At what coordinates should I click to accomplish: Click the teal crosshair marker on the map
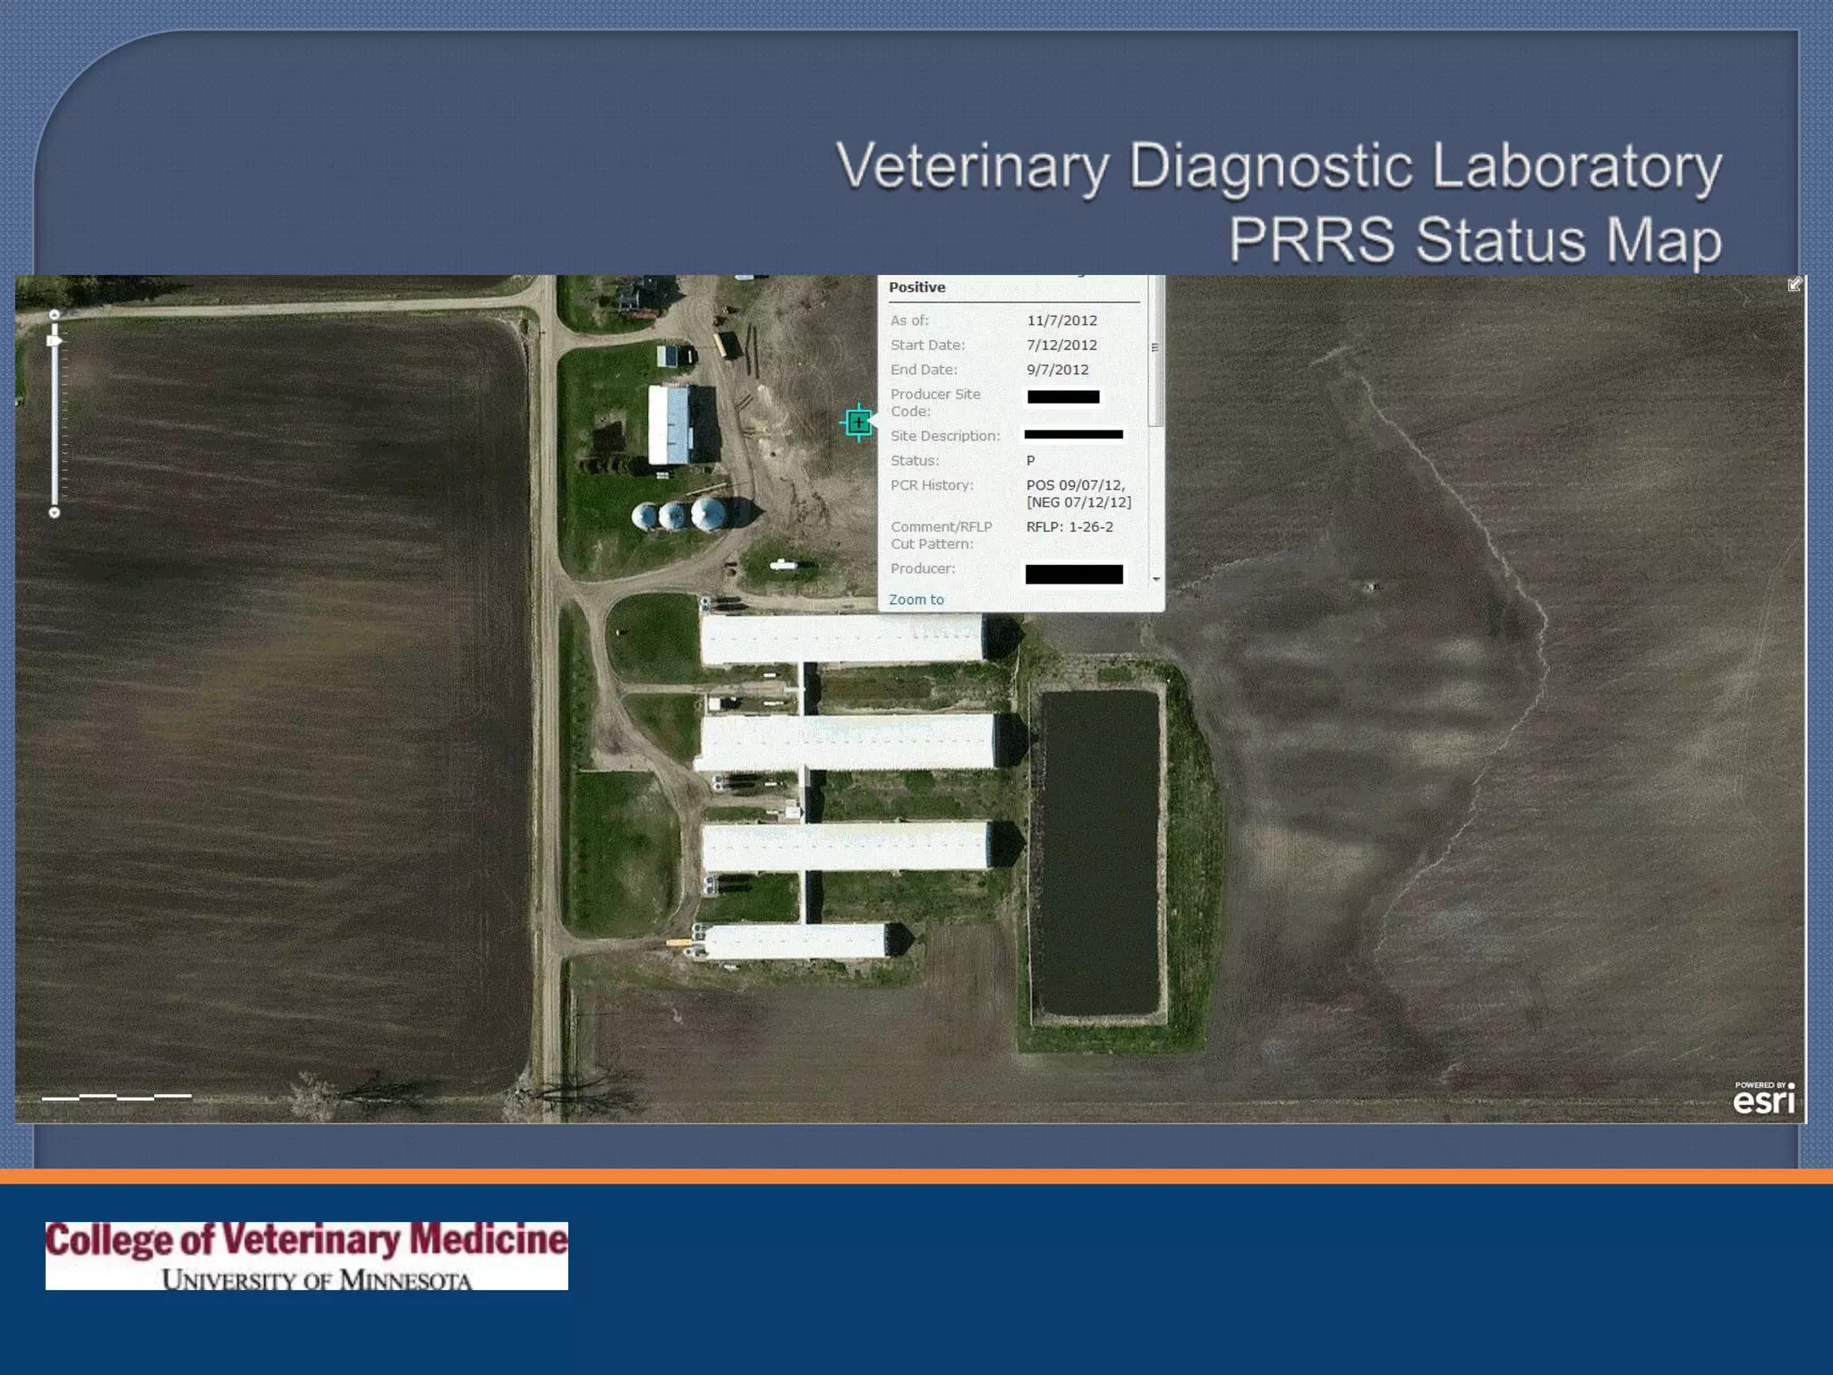pos(858,423)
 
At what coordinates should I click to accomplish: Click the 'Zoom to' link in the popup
pos(916,600)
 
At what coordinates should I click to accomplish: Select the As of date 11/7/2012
pos(1061,320)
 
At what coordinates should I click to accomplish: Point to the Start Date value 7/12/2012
pos(1061,346)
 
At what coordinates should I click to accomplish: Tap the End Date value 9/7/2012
pos(1057,370)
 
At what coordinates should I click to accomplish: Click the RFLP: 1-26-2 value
pos(1070,527)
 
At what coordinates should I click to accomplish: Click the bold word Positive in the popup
pos(916,287)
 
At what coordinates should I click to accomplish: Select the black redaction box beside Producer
pos(1073,574)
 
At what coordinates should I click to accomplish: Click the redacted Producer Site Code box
pos(1063,397)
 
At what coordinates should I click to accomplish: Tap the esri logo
pos(1763,1098)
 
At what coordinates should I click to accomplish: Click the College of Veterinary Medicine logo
pos(306,1255)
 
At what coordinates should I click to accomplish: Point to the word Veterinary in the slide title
pos(972,167)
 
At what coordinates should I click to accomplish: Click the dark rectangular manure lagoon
pos(1099,852)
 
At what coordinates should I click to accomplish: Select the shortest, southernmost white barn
pos(795,942)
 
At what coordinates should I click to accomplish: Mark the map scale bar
pos(116,1096)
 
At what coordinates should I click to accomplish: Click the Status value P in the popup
pos(1030,461)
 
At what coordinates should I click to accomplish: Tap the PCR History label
pos(932,485)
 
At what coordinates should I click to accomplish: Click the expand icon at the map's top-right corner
pos(1795,285)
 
